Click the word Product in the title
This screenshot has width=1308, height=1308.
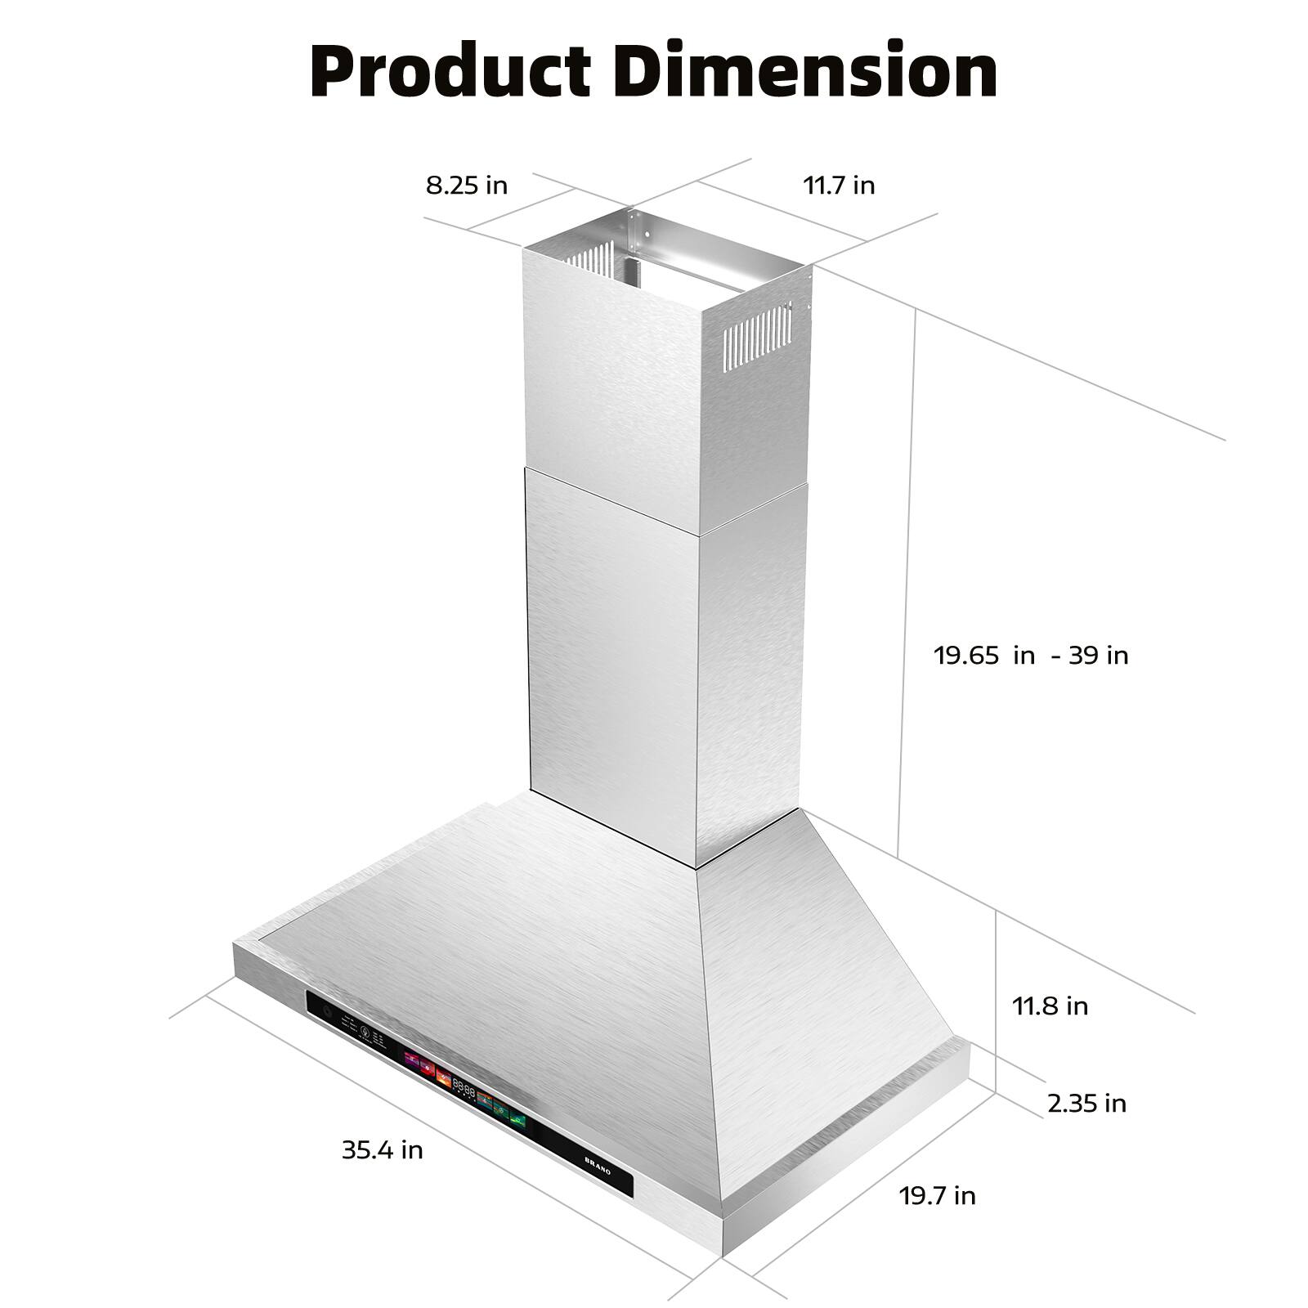(x=450, y=72)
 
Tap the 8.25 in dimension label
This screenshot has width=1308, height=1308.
(x=466, y=186)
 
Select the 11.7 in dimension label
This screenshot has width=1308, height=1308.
(x=839, y=186)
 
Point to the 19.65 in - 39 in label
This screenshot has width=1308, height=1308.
(x=1031, y=655)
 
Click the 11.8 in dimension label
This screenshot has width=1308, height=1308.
(x=1050, y=1006)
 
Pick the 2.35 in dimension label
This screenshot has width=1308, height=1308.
(x=1086, y=1104)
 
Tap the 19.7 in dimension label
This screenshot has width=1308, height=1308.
(x=937, y=1195)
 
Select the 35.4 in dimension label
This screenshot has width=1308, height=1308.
(x=382, y=1150)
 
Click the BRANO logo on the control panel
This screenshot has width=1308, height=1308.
(x=598, y=1165)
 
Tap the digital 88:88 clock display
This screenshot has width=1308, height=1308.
(x=464, y=1089)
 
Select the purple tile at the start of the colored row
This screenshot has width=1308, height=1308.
(x=411, y=1061)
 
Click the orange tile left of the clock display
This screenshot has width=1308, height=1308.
(x=444, y=1077)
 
